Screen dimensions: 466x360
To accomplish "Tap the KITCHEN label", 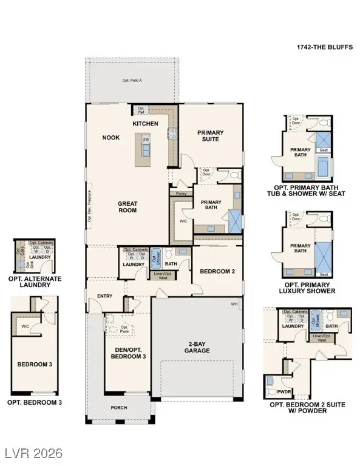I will pyautogui.click(x=146, y=124).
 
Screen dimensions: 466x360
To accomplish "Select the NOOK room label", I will pyautogui.click(x=110, y=138).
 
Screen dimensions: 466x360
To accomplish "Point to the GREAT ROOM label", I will pyautogui.click(x=127, y=207).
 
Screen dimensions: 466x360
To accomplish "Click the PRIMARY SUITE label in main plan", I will pyautogui.click(x=210, y=136).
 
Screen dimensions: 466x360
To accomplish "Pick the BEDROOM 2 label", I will pyautogui.click(x=217, y=271).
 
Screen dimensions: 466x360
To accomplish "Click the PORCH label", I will pyautogui.click(x=119, y=407).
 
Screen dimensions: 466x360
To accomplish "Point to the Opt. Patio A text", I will pyautogui.click(x=131, y=80).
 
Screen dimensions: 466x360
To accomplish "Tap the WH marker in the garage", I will pyautogui.click(x=234, y=304).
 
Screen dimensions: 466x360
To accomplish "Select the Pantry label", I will pyautogui.click(x=180, y=194).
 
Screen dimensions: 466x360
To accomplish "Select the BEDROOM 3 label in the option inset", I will pyautogui.click(x=34, y=365).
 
